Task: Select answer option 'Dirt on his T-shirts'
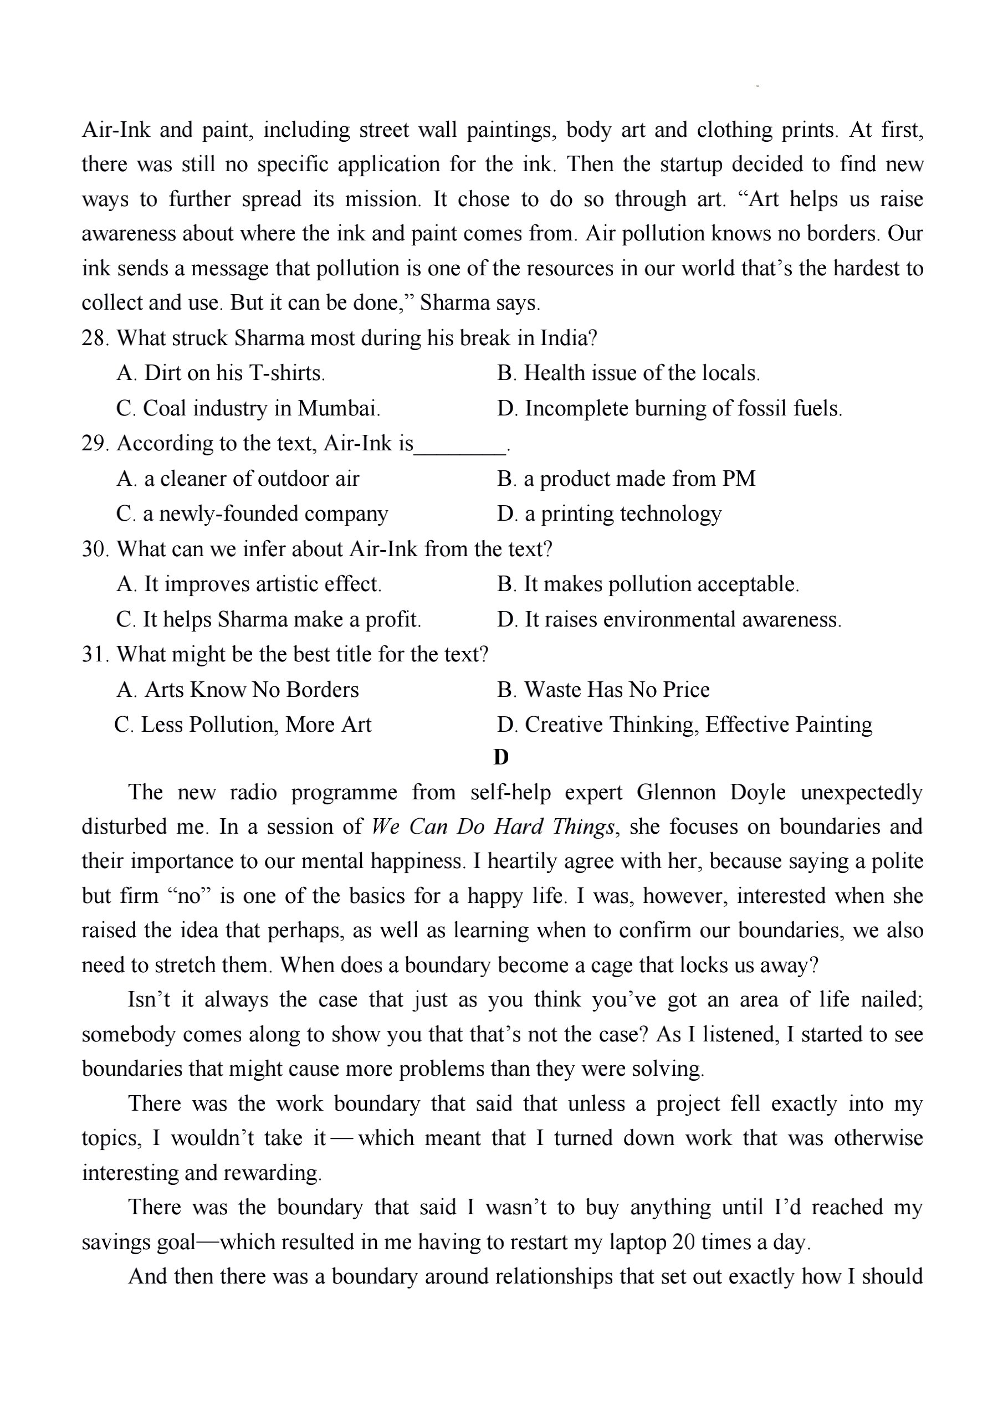(221, 373)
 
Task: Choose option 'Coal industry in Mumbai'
(248, 409)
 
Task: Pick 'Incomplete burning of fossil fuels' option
(669, 409)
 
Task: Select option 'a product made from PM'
(626, 479)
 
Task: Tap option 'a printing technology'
(609, 514)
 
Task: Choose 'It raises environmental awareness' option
(669, 620)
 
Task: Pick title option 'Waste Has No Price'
(603, 690)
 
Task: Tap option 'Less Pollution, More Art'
(243, 725)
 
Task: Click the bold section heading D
(501, 757)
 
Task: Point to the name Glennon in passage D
(676, 792)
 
